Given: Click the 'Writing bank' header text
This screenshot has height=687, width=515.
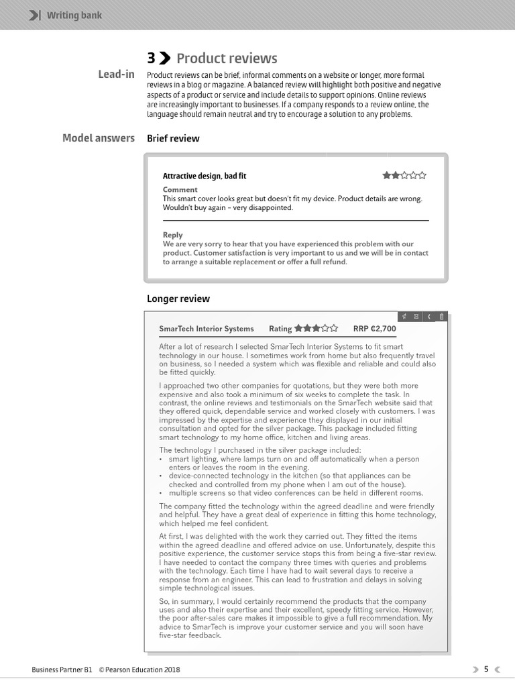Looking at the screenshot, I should (74, 15).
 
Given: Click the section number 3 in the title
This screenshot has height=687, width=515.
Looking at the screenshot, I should (151, 58).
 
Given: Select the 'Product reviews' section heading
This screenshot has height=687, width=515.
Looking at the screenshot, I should (227, 58).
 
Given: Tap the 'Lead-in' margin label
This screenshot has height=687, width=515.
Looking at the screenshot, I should (116, 74).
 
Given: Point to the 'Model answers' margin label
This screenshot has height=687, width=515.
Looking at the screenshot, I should (98, 138).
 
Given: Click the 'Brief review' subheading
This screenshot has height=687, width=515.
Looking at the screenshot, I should (173, 138).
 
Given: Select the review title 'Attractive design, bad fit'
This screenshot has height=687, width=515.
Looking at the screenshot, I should (204, 176).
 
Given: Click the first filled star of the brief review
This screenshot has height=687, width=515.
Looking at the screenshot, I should (387, 176).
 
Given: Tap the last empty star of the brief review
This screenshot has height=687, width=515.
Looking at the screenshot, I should (422, 176).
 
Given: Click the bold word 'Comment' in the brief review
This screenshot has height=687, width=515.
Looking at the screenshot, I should (180, 190).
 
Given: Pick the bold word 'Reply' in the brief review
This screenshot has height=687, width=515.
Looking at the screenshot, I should (172, 235).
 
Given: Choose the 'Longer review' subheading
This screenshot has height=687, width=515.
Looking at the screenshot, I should (178, 299).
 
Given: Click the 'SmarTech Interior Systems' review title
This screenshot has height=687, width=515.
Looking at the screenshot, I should (206, 329).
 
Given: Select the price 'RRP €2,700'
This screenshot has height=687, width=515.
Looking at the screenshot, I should (374, 329).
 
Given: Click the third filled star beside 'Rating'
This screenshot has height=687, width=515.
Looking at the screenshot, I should (316, 329).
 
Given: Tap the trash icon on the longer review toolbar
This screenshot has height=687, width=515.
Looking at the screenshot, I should (441, 316).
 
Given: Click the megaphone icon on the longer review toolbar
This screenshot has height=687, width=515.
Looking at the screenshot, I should (404, 316).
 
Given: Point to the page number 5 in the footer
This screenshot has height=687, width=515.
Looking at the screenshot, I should (487, 669).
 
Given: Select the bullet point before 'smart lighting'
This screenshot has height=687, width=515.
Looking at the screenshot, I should (162, 459).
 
